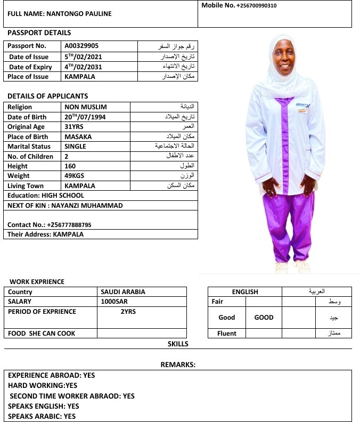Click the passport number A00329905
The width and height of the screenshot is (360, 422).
81,46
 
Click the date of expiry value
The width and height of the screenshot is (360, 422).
83,67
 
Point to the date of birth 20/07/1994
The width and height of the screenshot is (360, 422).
84,117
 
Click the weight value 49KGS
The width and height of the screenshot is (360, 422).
75,176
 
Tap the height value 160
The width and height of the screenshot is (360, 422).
70,166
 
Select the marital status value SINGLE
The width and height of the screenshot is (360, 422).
76,147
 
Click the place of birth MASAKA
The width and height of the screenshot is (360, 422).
78,136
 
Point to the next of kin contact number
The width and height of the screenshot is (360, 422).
69,225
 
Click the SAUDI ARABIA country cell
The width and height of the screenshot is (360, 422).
123,292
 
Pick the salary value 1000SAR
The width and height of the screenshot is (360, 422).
114,302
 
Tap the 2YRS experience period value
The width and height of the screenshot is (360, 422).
129,312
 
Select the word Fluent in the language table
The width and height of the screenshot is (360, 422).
226,334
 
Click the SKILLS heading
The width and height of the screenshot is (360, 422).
178,344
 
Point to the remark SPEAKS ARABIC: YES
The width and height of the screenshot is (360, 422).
42,416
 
